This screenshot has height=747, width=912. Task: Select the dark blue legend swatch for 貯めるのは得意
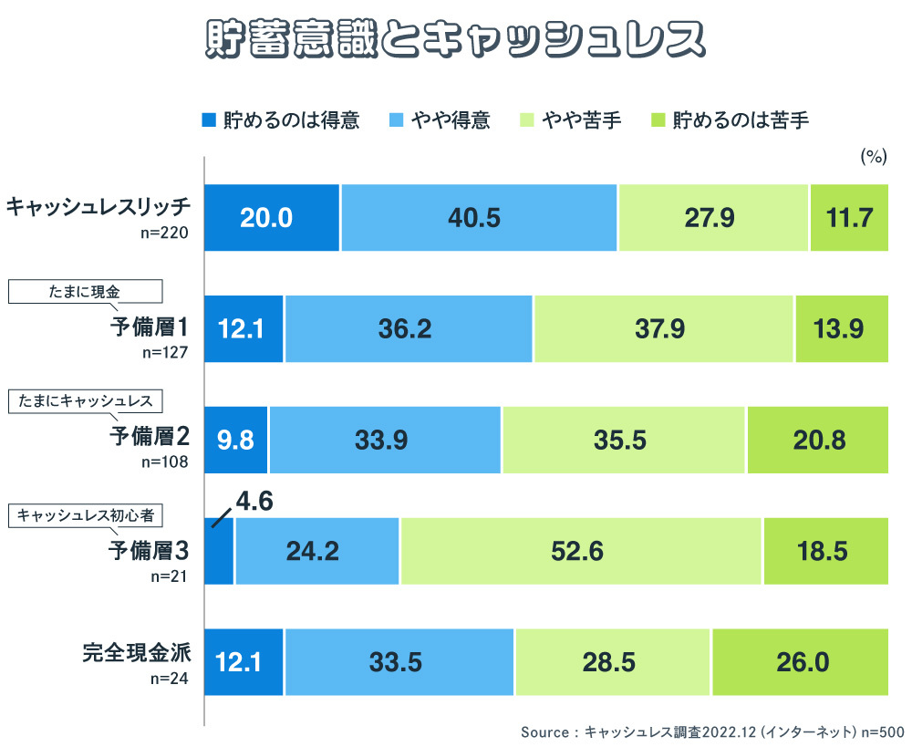(x=208, y=119)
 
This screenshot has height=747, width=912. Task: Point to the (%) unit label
(x=873, y=157)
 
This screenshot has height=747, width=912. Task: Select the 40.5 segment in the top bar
(x=479, y=217)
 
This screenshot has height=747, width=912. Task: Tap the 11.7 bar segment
(x=849, y=217)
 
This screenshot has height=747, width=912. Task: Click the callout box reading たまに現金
(x=85, y=291)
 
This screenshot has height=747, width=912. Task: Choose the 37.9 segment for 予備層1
(x=664, y=328)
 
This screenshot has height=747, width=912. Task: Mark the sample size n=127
(x=165, y=352)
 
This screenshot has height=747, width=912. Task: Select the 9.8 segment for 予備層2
(x=235, y=440)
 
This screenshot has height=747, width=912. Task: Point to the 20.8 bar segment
(x=818, y=440)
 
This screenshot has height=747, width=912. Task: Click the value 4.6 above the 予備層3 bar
(x=254, y=501)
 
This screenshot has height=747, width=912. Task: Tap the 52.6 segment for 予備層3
(x=581, y=551)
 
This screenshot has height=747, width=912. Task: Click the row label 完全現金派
(x=136, y=653)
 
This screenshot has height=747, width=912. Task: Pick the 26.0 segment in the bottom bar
(x=801, y=662)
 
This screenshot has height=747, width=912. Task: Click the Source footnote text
(x=711, y=731)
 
